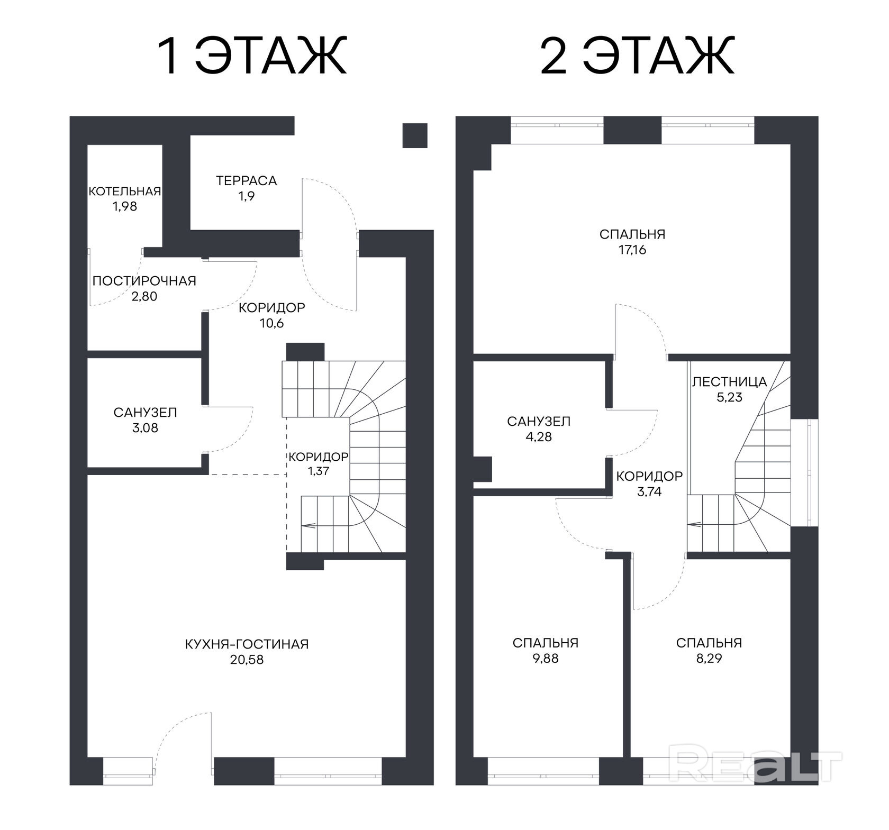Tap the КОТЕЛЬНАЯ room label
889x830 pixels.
pos(125,191)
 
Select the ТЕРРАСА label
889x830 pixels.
pos(247,180)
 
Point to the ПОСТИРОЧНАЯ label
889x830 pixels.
pos(144,281)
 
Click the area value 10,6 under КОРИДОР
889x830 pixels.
pos(272,323)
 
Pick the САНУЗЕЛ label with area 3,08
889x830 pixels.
pos(146,413)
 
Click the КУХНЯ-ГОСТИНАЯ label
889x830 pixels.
pos(247,644)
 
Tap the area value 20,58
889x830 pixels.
pos(247,660)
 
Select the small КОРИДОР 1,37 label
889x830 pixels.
pos(319,463)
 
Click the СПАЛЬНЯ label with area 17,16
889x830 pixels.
pos(632,234)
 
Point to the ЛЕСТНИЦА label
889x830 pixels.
pos(730,381)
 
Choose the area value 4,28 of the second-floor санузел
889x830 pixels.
pos(539,437)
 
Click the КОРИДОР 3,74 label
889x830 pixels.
pos(649,484)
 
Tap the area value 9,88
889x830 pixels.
pos(546,659)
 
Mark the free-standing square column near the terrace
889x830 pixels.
pos(415,135)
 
